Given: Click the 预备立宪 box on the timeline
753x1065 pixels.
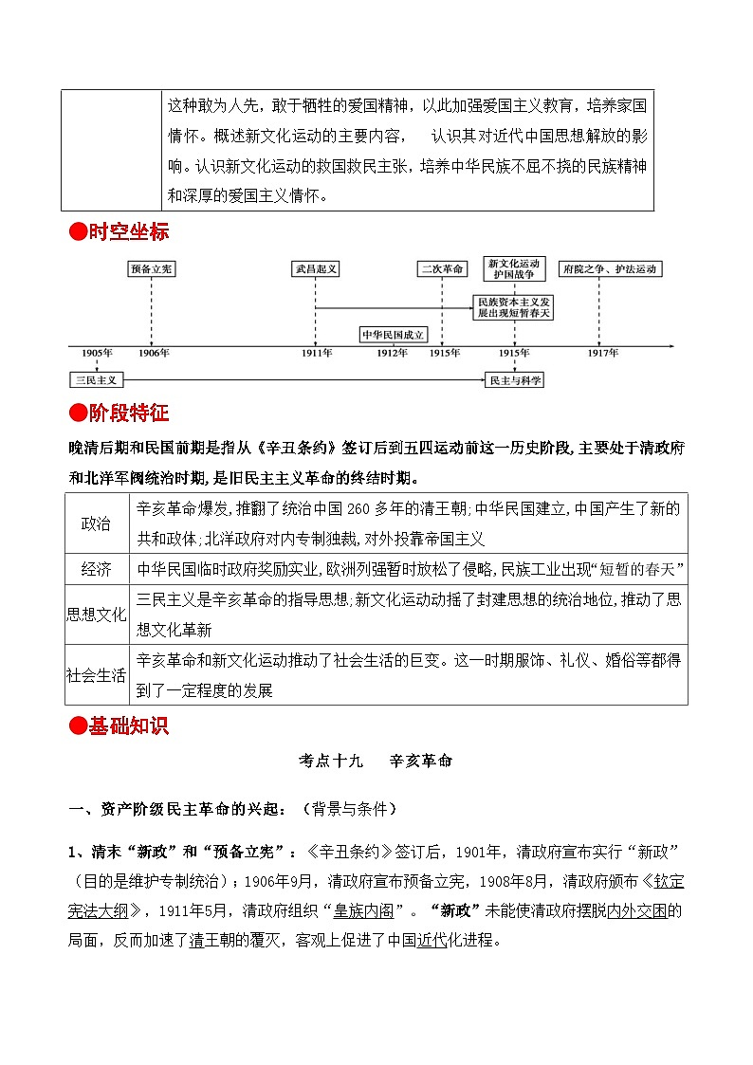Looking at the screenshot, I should click(x=152, y=269).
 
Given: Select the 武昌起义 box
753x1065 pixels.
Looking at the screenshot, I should click(x=315, y=269).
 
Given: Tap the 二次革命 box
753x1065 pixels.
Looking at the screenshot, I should click(x=443, y=269).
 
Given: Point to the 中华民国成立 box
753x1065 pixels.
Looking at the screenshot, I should click(x=395, y=334).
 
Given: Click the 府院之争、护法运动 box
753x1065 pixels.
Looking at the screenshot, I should click(x=609, y=269).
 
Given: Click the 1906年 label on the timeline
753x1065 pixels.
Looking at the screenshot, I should click(x=155, y=353).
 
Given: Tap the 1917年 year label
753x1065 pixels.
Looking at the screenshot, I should click(x=601, y=353).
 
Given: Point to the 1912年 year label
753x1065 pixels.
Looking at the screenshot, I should click(x=392, y=353).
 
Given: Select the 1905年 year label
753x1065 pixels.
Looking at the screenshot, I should click(x=97, y=353).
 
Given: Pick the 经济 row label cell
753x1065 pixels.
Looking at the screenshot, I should click(x=97, y=569).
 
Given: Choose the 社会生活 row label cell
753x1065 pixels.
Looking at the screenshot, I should click(x=97, y=675).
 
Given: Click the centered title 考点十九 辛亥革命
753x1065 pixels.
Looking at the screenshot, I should click(x=376, y=761).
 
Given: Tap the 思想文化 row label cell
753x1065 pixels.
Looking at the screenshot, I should click(x=97, y=615).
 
